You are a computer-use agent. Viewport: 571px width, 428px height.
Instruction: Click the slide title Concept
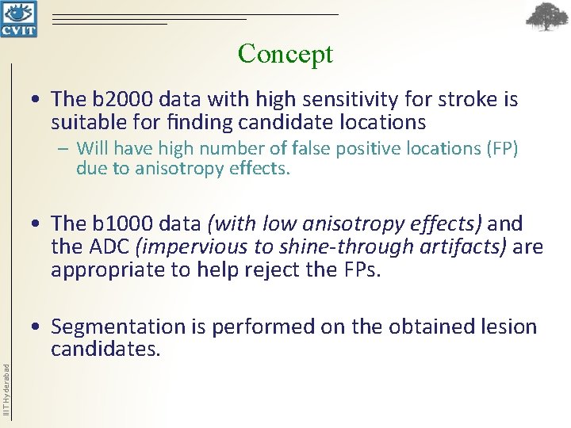tap(285, 54)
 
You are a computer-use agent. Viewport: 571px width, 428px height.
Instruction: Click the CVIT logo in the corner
tap(17, 19)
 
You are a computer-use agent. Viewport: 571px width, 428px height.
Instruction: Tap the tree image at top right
tap(548, 18)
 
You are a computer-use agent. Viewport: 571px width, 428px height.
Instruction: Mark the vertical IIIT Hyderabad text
tap(6, 388)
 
